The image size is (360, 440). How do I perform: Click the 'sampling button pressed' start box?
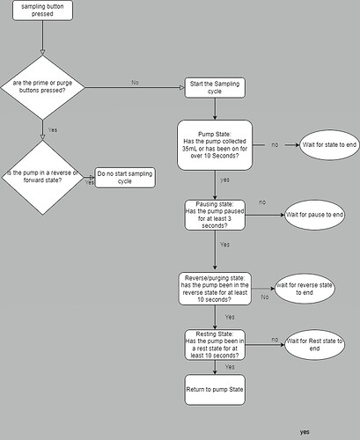tap(42, 11)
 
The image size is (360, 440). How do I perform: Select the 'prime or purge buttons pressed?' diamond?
tap(42, 86)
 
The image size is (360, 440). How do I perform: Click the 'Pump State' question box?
tap(215, 144)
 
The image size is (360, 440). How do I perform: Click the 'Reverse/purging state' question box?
tap(215, 288)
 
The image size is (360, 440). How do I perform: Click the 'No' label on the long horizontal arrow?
tap(135, 81)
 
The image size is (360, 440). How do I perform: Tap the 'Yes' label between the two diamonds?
tap(53, 128)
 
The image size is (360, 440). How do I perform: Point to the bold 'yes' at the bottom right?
tap(304, 432)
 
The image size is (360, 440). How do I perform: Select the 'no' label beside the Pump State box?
tap(276, 143)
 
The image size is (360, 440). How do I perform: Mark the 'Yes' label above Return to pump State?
tap(230, 366)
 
